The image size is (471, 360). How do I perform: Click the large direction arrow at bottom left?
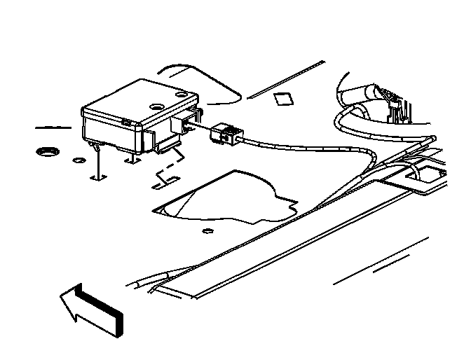[91, 308]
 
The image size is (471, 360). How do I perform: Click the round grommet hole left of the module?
[48, 151]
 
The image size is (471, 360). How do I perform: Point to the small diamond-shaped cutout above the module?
[283, 98]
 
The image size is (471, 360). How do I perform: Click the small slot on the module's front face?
[127, 123]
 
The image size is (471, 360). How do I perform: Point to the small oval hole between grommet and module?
[78, 160]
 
